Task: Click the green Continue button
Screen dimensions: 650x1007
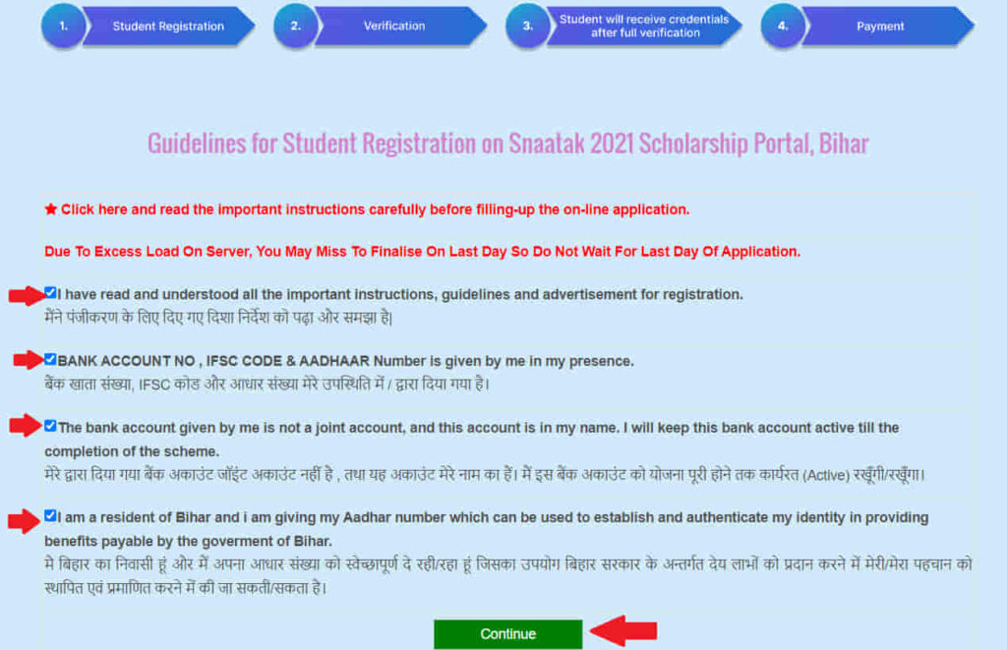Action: click(507, 634)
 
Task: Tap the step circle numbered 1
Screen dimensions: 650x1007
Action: click(63, 27)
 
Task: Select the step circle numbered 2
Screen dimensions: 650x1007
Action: click(295, 27)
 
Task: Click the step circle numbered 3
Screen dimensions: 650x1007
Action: click(527, 27)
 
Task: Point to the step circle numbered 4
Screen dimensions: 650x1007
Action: click(783, 27)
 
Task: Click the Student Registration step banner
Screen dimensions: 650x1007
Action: click(168, 27)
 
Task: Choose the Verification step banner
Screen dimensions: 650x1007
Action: click(394, 27)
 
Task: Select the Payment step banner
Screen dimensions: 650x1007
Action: click(879, 27)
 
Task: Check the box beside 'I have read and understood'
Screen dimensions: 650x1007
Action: click(50, 293)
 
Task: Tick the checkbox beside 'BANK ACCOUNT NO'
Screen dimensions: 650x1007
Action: click(50, 360)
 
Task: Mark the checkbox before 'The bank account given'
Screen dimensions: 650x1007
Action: click(50, 426)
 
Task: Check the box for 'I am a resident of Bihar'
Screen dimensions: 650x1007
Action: click(50, 515)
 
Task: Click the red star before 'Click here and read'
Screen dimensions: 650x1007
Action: click(51, 209)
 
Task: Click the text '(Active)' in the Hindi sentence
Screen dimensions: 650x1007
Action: click(827, 475)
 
